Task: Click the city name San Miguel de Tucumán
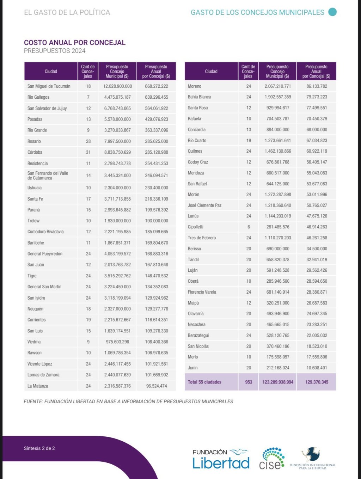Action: (49, 86)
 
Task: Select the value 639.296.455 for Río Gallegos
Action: (157, 97)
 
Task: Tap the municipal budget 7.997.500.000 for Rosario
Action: (117, 141)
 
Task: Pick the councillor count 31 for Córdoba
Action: (88, 152)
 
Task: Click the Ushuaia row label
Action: (35, 188)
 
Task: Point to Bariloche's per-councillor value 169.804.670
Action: (157, 243)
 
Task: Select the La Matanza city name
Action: (38, 386)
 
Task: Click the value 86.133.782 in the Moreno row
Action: (317, 86)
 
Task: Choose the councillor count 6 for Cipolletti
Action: (249, 227)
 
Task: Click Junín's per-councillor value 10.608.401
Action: (317, 368)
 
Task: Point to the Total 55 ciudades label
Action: (204, 382)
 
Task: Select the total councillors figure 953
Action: (249, 382)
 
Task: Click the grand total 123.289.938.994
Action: (278, 382)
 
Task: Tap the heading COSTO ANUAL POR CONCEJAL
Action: (75, 43)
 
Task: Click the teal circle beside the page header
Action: (332, 12)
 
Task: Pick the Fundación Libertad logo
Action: (221, 459)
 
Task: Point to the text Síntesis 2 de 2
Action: (39, 448)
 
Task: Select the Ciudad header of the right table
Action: (211, 72)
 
